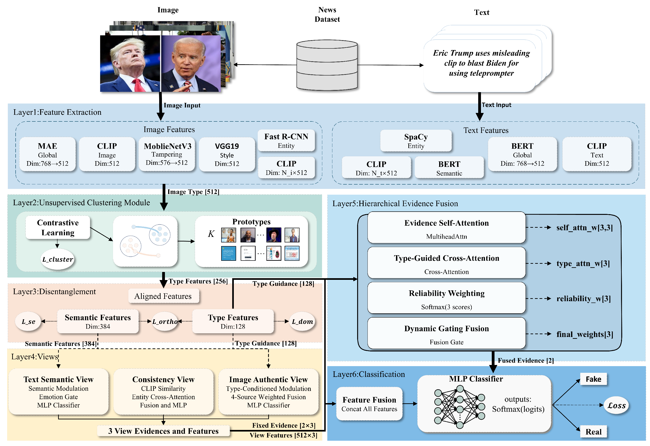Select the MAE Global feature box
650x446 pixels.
pos(48,154)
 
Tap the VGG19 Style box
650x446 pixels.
pos(227,154)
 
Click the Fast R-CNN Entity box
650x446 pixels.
pos(286,140)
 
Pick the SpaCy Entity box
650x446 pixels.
pos(416,140)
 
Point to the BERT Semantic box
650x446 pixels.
pos(449,167)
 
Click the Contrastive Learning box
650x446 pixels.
pos(58,227)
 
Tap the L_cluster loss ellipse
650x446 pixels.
pos(58,259)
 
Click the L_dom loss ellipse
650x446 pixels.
pos(302,321)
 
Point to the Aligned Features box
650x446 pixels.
pos(163,296)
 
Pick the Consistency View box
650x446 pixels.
pos(163,392)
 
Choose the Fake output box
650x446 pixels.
pos(593,379)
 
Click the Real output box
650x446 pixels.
pos(593,432)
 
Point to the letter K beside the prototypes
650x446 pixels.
pos(211,234)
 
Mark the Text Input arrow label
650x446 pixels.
pos(496,105)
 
